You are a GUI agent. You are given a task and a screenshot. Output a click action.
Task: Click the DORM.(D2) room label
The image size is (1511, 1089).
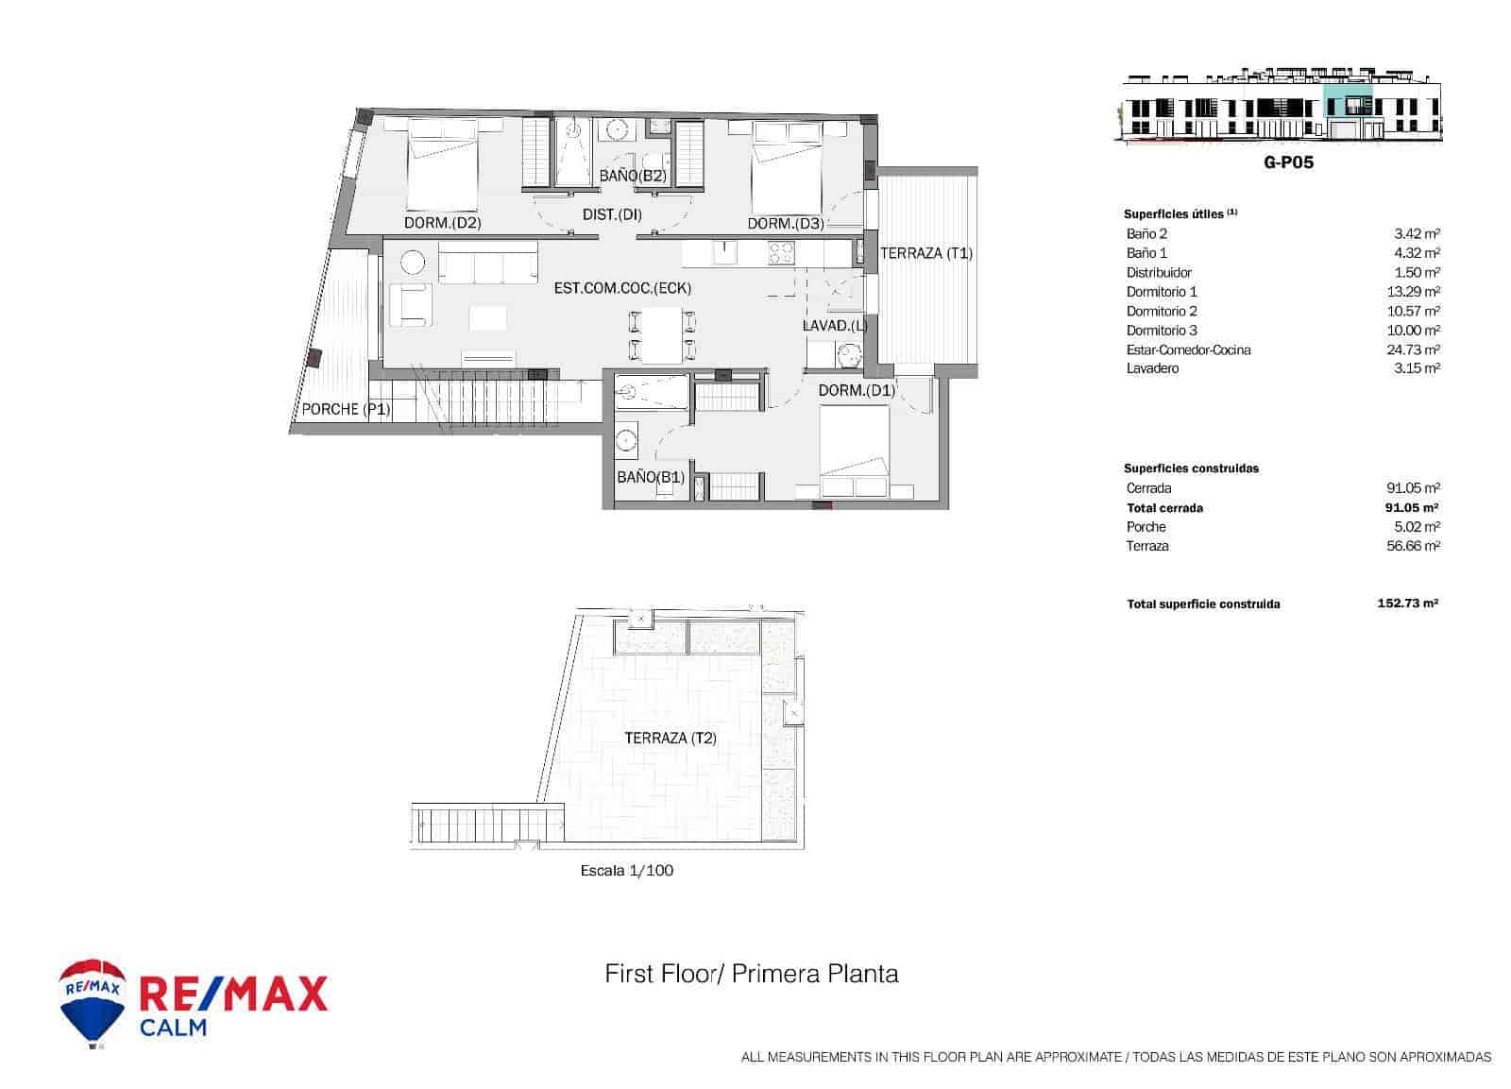[x=443, y=224]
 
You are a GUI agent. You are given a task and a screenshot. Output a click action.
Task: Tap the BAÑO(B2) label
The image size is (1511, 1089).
[x=633, y=176]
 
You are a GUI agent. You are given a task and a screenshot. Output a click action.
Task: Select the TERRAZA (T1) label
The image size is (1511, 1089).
[x=925, y=253]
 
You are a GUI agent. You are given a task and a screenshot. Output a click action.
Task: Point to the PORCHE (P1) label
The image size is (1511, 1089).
[x=345, y=409]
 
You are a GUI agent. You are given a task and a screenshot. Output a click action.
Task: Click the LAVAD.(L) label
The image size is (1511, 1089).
[x=834, y=326]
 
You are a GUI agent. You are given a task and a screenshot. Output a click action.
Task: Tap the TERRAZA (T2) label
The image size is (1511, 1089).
[x=670, y=738]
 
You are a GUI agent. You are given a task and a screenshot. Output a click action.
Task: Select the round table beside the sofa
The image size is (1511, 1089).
[x=413, y=263]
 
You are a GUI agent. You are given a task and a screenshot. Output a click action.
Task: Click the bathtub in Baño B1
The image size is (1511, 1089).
[x=652, y=392]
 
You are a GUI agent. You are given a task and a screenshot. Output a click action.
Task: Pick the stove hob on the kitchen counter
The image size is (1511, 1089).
[x=781, y=253]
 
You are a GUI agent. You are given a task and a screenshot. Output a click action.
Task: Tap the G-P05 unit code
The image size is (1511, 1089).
[x=1288, y=162]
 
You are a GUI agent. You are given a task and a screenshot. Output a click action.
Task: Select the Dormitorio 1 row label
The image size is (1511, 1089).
[x=1162, y=292]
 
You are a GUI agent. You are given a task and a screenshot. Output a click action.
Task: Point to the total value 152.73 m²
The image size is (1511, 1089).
[x=1407, y=603]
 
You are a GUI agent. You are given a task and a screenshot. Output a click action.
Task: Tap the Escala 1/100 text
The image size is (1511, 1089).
[x=626, y=871]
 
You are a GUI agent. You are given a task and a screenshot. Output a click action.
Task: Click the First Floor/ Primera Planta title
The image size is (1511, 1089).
[x=751, y=973]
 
